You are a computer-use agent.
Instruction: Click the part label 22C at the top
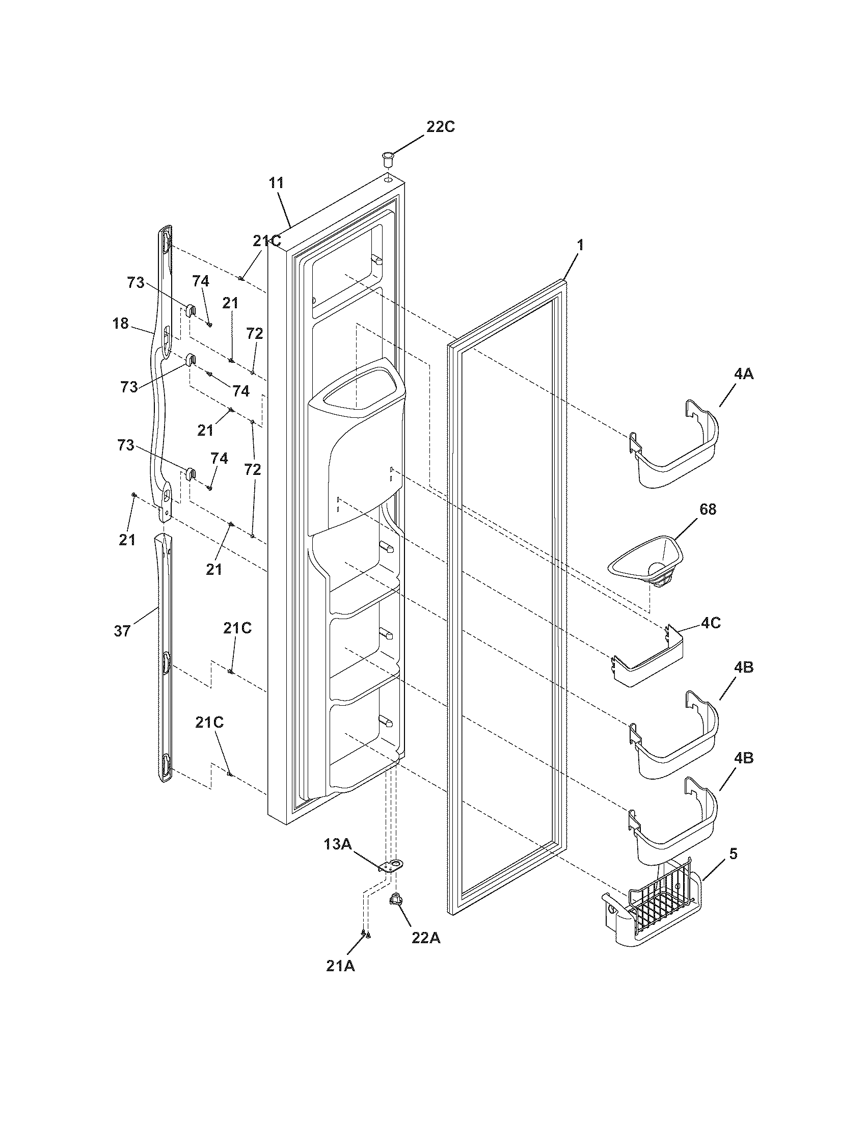point(440,127)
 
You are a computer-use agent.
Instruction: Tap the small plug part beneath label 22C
point(387,157)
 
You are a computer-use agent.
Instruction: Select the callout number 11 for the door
point(276,183)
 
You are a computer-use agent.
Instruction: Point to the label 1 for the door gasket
point(580,246)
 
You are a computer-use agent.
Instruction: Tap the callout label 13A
point(337,844)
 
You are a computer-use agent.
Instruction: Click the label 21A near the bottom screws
point(340,966)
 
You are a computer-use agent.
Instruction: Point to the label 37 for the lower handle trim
point(122,631)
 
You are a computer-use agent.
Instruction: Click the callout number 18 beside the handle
point(121,324)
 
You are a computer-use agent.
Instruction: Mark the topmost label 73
point(136,283)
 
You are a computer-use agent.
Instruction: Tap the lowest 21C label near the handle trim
point(209,723)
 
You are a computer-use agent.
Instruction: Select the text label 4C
point(711,623)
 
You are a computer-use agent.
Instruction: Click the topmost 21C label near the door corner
point(266,241)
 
